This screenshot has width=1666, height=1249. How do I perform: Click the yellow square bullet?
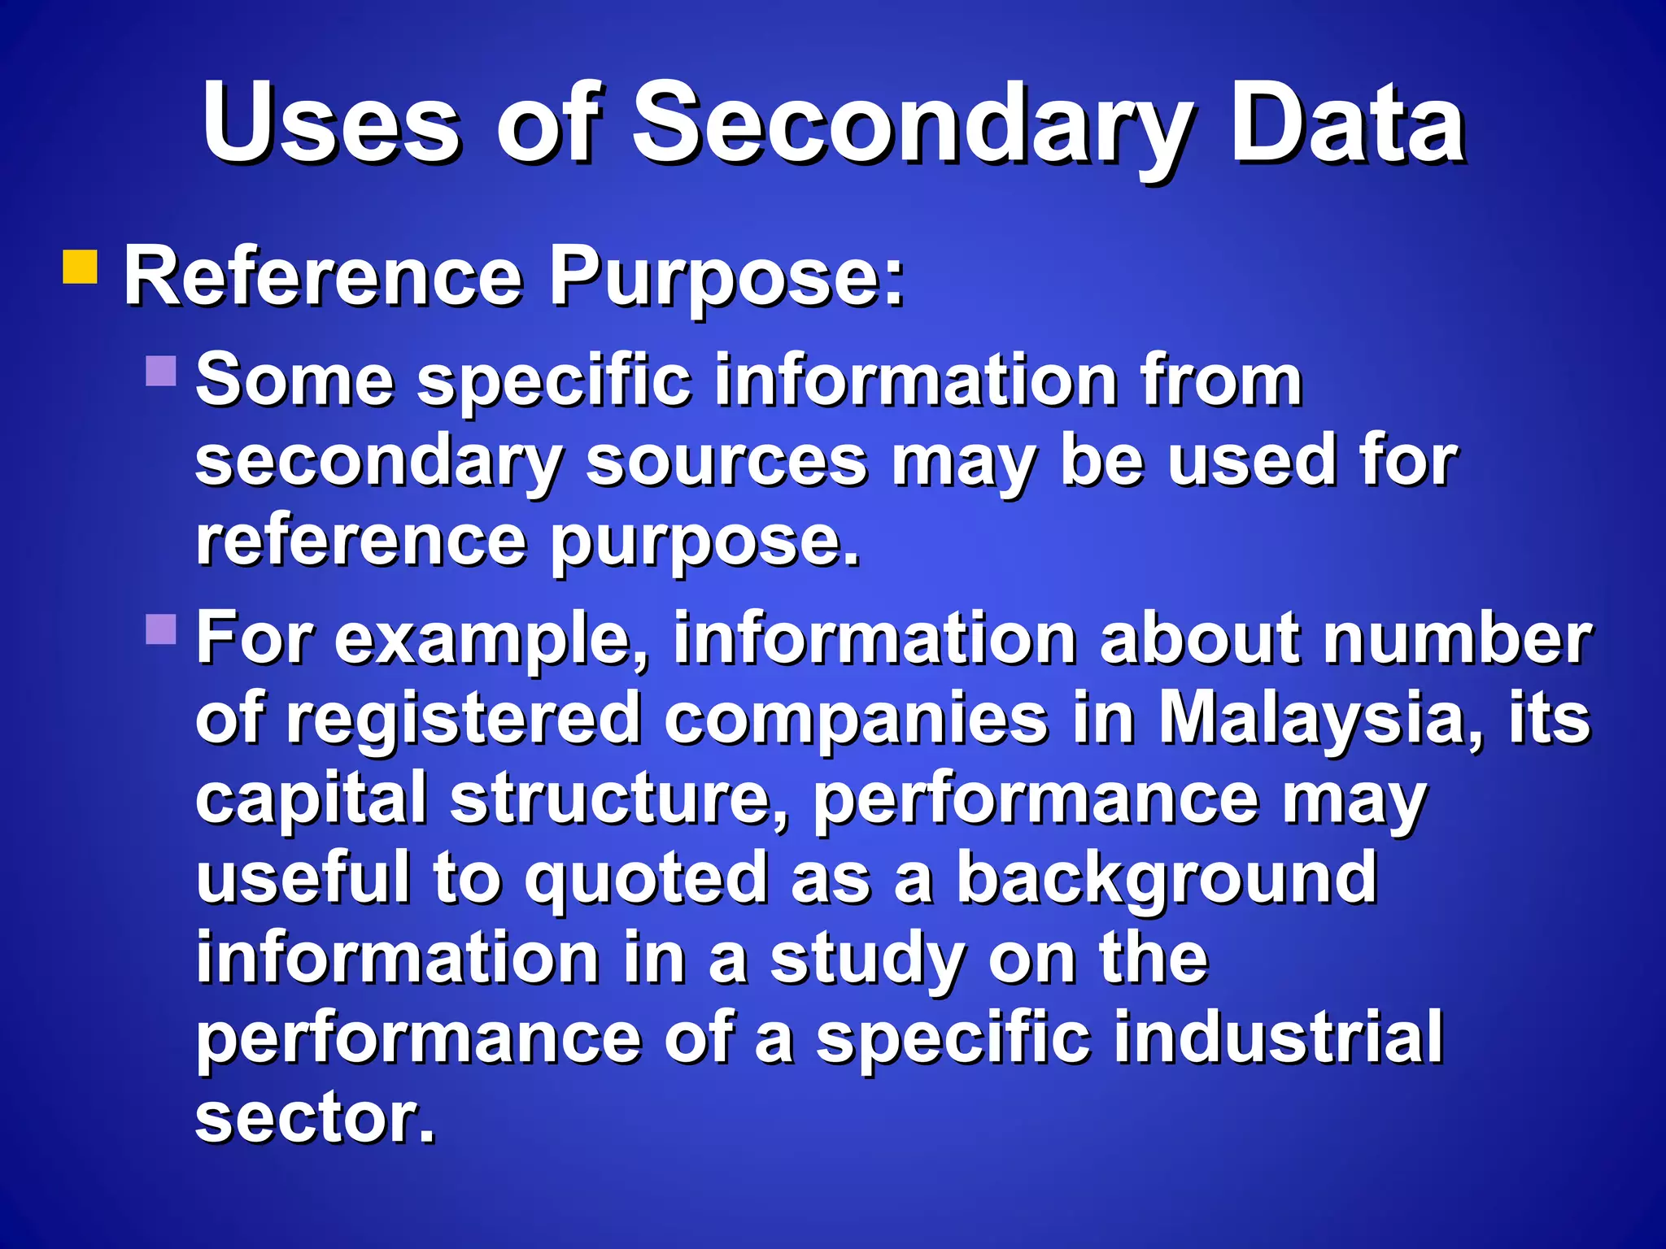80,267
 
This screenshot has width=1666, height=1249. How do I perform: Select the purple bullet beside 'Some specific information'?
161,371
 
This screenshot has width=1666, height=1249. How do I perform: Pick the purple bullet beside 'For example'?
161,629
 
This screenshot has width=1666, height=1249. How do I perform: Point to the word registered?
463,719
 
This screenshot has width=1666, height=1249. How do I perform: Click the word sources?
726,462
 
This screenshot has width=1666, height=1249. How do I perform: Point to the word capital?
312,799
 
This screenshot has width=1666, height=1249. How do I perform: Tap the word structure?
619,799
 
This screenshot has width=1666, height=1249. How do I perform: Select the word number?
1456,638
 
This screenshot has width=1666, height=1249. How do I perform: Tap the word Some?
295,380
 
